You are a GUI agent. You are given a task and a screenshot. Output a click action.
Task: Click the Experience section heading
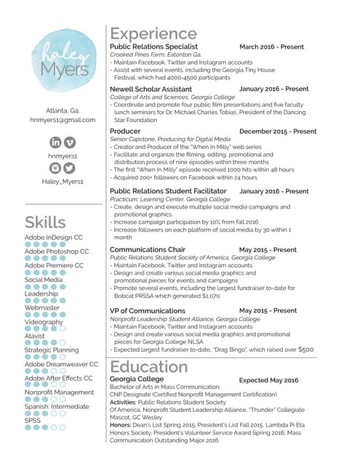click(x=153, y=33)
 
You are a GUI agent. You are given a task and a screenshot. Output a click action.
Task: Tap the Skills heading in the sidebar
click(x=45, y=222)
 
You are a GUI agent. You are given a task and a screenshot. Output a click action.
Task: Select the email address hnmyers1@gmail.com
click(x=63, y=120)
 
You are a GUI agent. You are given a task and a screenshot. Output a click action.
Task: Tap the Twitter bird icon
click(x=70, y=168)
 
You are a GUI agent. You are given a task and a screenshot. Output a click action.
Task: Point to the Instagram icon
click(x=56, y=168)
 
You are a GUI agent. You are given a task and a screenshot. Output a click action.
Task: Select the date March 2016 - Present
click(x=271, y=46)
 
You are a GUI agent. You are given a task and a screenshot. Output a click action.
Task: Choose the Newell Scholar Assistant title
click(x=151, y=89)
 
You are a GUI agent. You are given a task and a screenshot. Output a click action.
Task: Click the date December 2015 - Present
click(x=277, y=132)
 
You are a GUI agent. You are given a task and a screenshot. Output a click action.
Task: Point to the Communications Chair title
click(x=147, y=249)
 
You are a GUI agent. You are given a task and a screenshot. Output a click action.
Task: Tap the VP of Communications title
click(x=147, y=310)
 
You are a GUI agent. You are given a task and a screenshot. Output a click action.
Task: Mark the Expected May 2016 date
click(x=268, y=380)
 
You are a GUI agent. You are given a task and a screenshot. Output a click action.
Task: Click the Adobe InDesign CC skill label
click(x=53, y=238)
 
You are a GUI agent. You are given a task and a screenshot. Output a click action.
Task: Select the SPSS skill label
click(x=33, y=420)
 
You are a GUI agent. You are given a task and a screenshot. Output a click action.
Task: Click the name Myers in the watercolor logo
click(x=65, y=70)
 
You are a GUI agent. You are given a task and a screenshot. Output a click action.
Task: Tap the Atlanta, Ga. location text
click(x=63, y=110)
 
